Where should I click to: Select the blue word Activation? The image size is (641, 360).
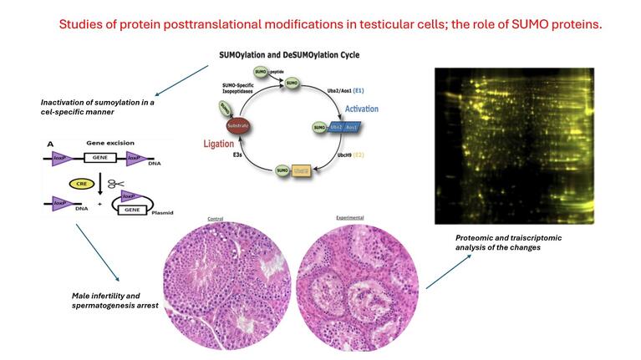point(361,109)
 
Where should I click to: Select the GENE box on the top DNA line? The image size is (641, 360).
point(108,156)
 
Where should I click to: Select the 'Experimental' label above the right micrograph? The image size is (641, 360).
point(349,218)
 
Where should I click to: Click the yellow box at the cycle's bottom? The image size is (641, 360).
point(302,170)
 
